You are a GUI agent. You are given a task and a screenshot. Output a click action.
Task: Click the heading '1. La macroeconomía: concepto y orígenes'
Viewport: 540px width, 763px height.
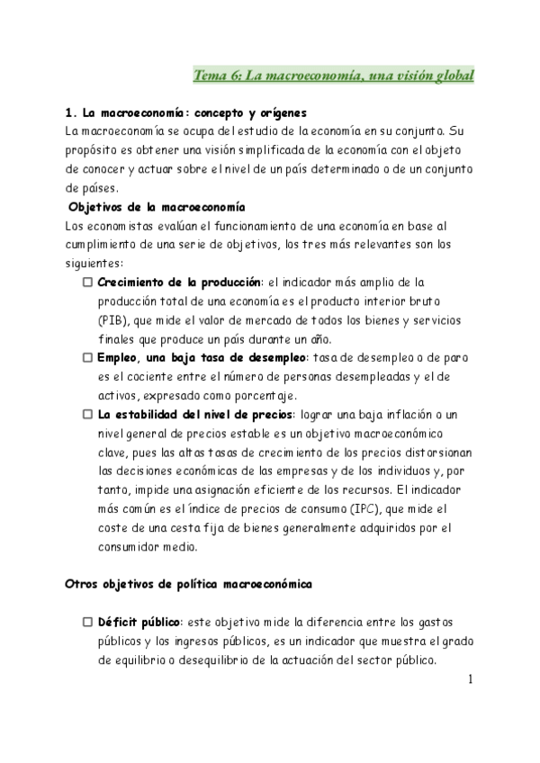click(186, 113)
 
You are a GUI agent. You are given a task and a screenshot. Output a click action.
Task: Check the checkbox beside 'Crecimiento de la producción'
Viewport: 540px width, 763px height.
click(87, 283)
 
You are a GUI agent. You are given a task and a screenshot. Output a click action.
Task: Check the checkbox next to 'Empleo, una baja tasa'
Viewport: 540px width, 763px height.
click(87, 358)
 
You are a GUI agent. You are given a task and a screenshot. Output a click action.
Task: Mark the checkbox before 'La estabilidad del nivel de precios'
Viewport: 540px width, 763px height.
click(87, 415)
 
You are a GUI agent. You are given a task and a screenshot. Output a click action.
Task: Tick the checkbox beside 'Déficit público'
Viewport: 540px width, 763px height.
click(87, 622)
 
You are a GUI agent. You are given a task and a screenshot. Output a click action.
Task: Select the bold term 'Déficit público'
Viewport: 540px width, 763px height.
click(139, 622)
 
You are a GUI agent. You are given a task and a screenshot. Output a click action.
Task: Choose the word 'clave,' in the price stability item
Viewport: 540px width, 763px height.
click(117, 453)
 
